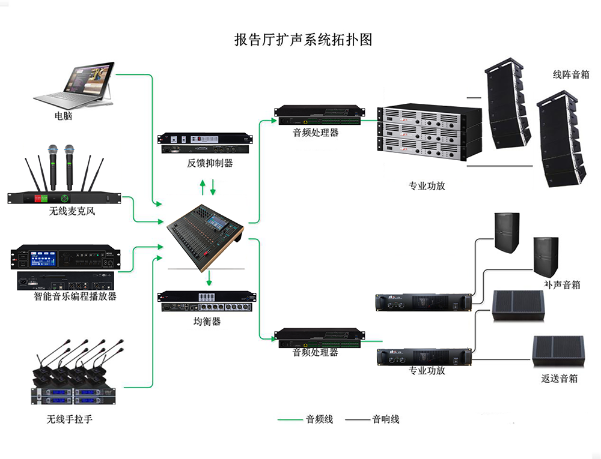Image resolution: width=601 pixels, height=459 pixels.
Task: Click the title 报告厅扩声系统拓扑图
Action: tap(303, 40)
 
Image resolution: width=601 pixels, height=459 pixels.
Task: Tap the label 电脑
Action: tap(63, 116)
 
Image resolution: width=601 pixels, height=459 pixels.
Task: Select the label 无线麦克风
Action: tap(72, 211)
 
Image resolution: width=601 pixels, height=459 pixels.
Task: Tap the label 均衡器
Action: tap(207, 322)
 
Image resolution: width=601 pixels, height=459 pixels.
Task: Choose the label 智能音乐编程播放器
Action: tap(75, 296)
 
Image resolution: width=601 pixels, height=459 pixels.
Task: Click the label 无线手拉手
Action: tap(70, 419)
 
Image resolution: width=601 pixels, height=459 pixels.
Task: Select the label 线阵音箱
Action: tap(571, 75)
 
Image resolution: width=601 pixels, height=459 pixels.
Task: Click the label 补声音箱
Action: tap(562, 284)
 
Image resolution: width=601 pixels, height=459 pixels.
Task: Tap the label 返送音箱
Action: tap(559, 379)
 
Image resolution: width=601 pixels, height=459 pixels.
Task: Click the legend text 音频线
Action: tap(319, 419)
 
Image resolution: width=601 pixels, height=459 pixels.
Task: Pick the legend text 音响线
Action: tap(385, 419)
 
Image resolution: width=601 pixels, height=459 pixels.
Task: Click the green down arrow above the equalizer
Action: tap(209, 278)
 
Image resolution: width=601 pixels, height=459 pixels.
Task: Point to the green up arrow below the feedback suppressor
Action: tap(203, 188)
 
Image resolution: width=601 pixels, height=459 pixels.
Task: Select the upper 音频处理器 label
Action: tap(316, 133)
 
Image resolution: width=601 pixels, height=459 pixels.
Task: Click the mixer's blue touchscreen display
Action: tap(219, 223)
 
